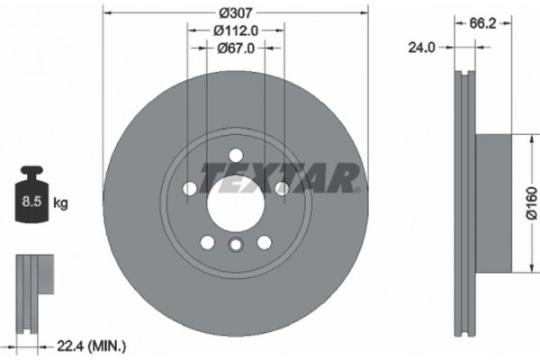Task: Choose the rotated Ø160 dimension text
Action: pos(531,203)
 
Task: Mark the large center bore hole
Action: pos(235,202)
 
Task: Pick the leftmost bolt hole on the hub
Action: pos(189,187)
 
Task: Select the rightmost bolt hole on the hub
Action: pos(281,187)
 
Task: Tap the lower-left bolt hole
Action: pos(206,241)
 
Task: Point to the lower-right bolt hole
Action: pos(264,241)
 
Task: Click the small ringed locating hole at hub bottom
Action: pos(235,245)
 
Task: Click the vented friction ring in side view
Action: pos(463,202)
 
